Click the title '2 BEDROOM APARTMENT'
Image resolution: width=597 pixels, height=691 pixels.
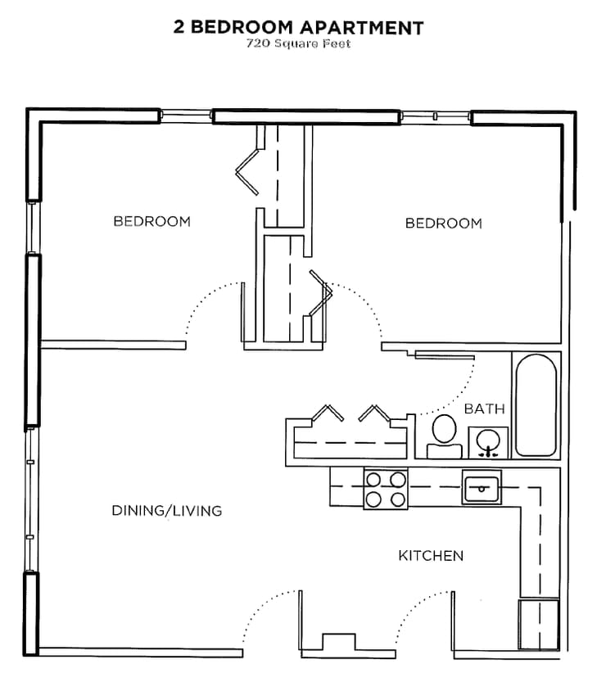click(x=298, y=27)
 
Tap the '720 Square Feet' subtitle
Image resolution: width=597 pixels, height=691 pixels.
click(x=298, y=43)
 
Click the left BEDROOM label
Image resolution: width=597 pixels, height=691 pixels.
click(x=152, y=221)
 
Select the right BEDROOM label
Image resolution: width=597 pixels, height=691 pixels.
click(x=444, y=224)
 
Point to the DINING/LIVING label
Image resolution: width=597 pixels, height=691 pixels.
click(x=167, y=511)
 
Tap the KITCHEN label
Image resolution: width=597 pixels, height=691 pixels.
click(x=431, y=556)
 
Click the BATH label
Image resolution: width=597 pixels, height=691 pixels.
click(x=485, y=409)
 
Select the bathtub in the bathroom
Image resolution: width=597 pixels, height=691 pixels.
click(x=536, y=405)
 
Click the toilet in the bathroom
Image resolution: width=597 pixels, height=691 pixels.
click(x=445, y=436)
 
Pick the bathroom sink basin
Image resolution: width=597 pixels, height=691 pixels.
click(x=488, y=440)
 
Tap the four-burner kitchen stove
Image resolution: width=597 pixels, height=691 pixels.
click(x=386, y=489)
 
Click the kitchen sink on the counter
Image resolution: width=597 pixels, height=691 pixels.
click(x=482, y=486)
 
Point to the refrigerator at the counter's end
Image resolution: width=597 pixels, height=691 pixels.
click(x=539, y=624)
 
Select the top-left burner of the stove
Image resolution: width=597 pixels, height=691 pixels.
click(x=374, y=480)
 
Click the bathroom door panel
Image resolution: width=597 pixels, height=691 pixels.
click(x=445, y=355)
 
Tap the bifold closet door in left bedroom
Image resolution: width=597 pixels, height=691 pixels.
click(x=247, y=172)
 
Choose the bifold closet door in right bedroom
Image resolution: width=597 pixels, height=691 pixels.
click(x=321, y=293)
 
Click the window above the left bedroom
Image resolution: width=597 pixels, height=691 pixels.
click(x=186, y=116)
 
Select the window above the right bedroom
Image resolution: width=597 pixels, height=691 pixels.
click(x=435, y=116)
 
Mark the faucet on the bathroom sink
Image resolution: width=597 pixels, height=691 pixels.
click(x=489, y=452)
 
